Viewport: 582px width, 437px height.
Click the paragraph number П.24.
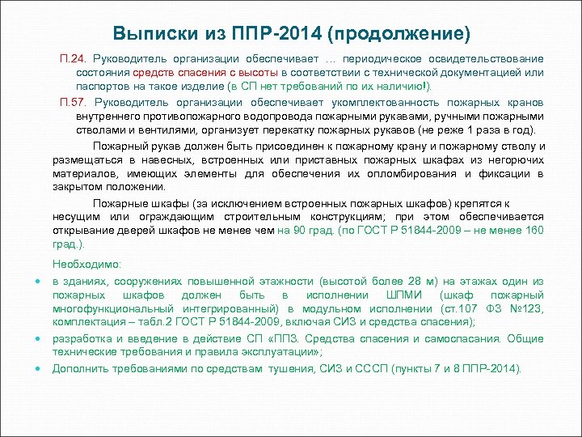tap(74, 59)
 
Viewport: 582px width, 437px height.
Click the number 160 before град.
tap(533, 231)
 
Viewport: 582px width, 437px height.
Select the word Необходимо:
tap(86, 265)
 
